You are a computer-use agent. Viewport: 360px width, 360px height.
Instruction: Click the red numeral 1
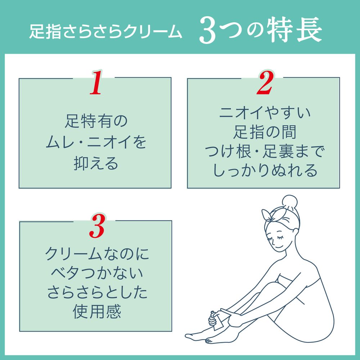(x=96, y=82)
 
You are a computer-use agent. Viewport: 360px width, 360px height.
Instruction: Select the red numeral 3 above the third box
(x=97, y=226)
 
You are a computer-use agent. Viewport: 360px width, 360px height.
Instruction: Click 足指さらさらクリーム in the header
(x=105, y=31)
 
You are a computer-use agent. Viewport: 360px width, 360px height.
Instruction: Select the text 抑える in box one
(x=96, y=164)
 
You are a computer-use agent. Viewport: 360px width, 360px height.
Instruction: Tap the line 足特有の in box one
(x=96, y=121)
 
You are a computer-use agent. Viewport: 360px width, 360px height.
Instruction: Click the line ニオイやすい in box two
(x=265, y=113)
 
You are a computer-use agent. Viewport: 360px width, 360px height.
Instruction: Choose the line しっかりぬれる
(x=265, y=171)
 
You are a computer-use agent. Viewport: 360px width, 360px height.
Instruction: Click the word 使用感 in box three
(x=96, y=312)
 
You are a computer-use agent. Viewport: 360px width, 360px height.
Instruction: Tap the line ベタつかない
(x=96, y=273)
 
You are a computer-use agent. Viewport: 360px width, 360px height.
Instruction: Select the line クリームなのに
(x=97, y=254)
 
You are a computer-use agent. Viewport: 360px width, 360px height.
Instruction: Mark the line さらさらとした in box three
(x=96, y=292)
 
